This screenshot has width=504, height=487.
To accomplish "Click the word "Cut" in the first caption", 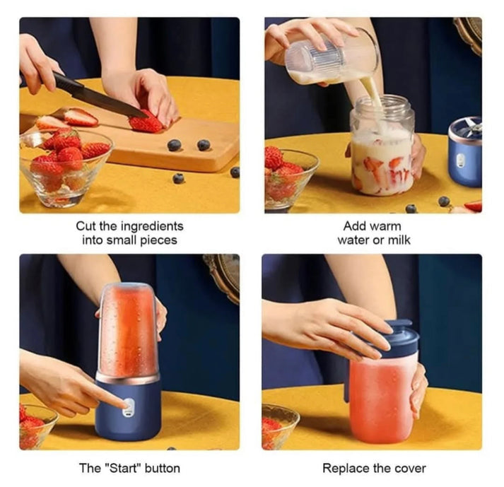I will (86, 226).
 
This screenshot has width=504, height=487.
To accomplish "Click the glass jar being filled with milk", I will (382, 152).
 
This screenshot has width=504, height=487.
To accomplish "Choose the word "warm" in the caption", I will (386, 226).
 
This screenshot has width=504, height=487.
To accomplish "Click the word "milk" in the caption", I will (397, 240).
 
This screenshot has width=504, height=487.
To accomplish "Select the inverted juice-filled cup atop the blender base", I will (128, 329).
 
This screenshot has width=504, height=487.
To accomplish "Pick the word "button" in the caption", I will (162, 468).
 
